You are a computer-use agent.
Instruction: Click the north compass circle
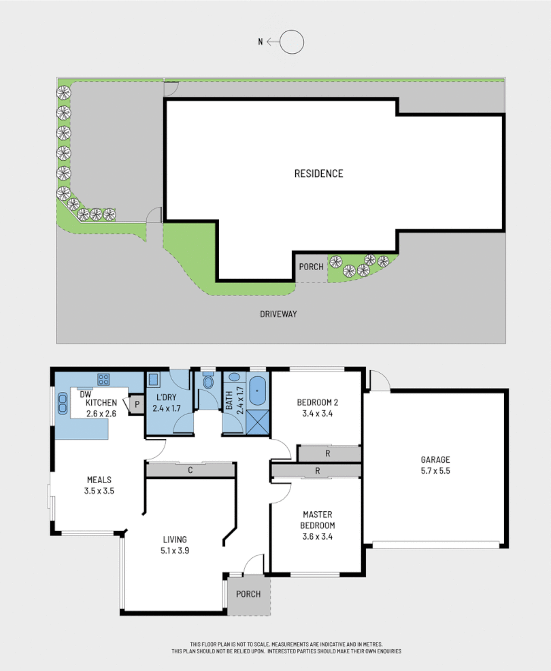click(293, 42)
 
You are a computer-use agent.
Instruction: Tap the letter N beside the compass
click(260, 42)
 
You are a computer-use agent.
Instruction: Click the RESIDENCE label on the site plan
click(318, 174)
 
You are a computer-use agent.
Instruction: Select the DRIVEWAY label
click(279, 314)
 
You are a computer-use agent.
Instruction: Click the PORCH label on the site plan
click(311, 267)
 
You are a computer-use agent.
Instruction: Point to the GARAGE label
click(435, 459)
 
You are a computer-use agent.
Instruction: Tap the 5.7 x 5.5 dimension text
click(435, 470)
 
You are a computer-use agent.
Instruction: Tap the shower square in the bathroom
click(258, 421)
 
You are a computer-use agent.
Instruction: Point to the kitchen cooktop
click(104, 378)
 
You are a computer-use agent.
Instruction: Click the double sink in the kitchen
click(63, 404)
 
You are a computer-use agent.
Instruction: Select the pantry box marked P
click(137, 404)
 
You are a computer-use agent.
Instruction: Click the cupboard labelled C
click(190, 469)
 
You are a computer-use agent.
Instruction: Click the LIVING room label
click(175, 540)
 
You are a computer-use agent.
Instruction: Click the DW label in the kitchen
click(85, 394)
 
